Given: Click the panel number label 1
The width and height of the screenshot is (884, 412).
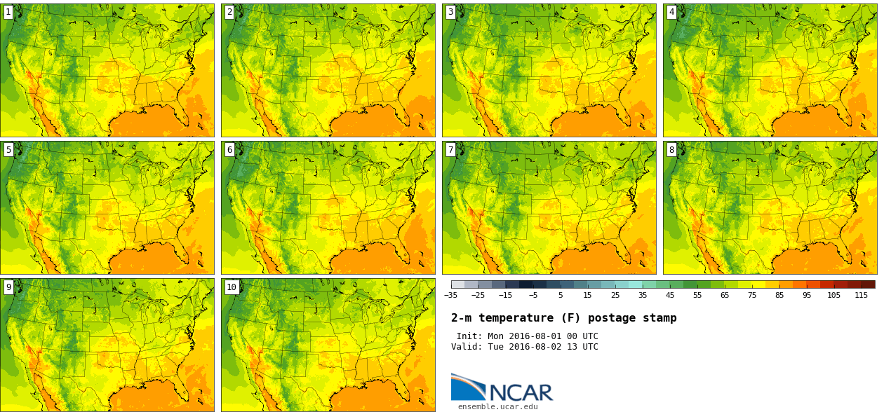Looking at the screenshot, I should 8,12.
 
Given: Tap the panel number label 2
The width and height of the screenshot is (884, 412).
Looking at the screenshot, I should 229,12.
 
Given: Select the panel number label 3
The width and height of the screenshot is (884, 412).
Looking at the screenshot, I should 450,12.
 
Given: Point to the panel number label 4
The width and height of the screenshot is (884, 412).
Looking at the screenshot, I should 671,12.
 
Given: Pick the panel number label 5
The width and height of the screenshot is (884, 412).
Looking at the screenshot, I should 8,149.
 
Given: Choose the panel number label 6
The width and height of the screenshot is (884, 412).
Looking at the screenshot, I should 229,149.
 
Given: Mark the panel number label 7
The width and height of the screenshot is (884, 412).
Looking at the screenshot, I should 450,149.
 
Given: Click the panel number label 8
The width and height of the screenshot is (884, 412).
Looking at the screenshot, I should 671,149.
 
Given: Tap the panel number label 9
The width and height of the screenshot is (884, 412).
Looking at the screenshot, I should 8,287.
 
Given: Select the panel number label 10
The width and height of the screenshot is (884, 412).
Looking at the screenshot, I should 232,287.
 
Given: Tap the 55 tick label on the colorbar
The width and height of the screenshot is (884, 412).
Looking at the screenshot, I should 697,296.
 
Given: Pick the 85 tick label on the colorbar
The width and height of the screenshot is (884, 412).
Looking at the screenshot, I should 779,296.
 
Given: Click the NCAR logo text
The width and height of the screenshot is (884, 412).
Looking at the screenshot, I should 521,392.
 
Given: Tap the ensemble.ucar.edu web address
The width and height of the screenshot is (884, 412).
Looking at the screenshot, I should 497,406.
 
